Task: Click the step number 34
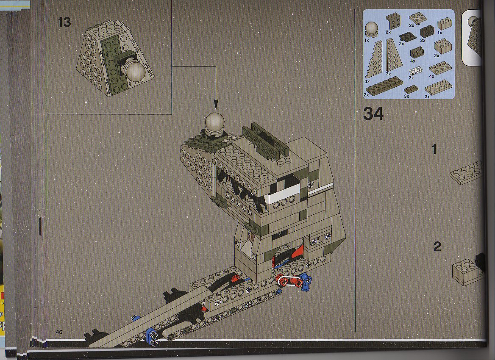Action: coord(373,114)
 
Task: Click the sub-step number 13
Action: coord(64,22)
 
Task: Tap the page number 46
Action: coord(59,332)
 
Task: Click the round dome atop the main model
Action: coord(215,123)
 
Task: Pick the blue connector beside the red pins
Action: coord(306,282)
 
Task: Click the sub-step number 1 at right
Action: coord(434,149)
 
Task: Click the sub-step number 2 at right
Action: coord(437,246)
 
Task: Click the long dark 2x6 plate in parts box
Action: coord(384,86)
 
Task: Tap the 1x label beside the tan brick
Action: coord(440,33)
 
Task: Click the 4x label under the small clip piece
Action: coord(413,61)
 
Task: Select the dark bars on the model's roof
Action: coord(266,141)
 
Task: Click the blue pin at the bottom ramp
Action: coord(150,335)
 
